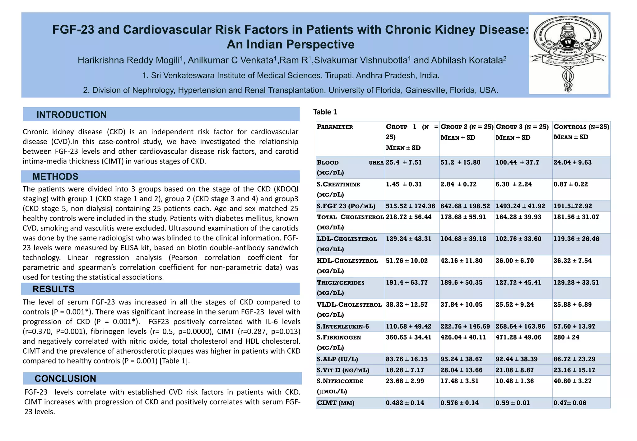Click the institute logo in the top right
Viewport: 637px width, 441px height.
pyautogui.click(x=569, y=54)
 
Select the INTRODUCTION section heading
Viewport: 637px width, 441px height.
pyautogui.click(x=71, y=115)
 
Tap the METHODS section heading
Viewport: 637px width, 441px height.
pyautogui.click(x=55, y=177)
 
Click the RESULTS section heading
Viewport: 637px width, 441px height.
pyautogui.click(x=53, y=289)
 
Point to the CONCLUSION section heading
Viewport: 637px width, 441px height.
pyautogui.click(x=65, y=378)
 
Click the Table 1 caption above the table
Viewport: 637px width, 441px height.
pyautogui.click(x=325, y=112)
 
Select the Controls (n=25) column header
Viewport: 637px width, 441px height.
pyautogui.click(x=581, y=127)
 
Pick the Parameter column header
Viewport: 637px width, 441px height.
pyautogui.click(x=335, y=127)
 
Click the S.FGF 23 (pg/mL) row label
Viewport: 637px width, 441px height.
pyautogui.click(x=346, y=206)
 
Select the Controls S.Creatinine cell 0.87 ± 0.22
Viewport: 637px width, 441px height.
pyautogui.click(x=570, y=184)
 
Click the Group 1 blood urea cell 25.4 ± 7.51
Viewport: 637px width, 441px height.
pyautogui.click(x=404, y=163)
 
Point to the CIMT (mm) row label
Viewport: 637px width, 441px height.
pyautogui.click(x=335, y=403)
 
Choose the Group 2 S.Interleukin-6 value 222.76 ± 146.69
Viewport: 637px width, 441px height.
pyautogui.click(x=465, y=327)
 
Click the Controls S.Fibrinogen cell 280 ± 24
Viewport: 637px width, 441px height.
pyautogui.click(x=566, y=337)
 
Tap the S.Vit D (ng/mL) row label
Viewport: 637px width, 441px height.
pyautogui.click(x=343, y=370)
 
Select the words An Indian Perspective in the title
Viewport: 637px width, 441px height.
pyautogui.click(x=291, y=44)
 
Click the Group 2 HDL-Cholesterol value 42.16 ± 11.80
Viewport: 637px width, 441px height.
pyautogui.click(x=461, y=261)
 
